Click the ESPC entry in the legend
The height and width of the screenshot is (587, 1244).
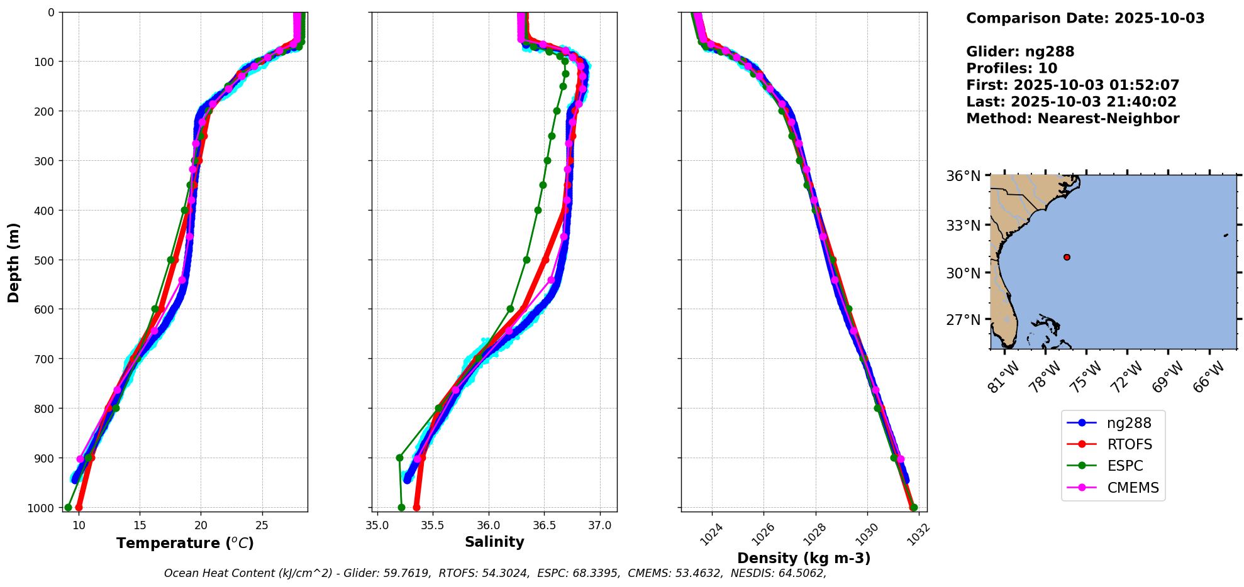(x=1125, y=466)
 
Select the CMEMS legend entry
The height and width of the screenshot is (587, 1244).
(x=1132, y=488)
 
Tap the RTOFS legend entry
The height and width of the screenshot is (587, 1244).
(x=1129, y=444)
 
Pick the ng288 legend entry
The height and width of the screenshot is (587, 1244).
(x=1128, y=423)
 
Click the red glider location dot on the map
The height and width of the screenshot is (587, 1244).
(x=1067, y=257)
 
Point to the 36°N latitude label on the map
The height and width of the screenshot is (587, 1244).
(x=963, y=176)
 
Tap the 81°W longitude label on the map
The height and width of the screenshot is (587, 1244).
(x=1003, y=377)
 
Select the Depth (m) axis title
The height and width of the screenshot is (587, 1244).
(x=14, y=262)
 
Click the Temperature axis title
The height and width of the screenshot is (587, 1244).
(x=185, y=543)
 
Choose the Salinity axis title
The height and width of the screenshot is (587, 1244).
(x=494, y=542)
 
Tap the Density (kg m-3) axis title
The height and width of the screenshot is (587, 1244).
(x=804, y=558)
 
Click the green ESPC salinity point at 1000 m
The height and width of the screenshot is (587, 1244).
(x=401, y=507)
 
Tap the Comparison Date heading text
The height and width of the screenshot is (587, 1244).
(x=1085, y=18)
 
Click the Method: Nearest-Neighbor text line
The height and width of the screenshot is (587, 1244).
(x=1072, y=119)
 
